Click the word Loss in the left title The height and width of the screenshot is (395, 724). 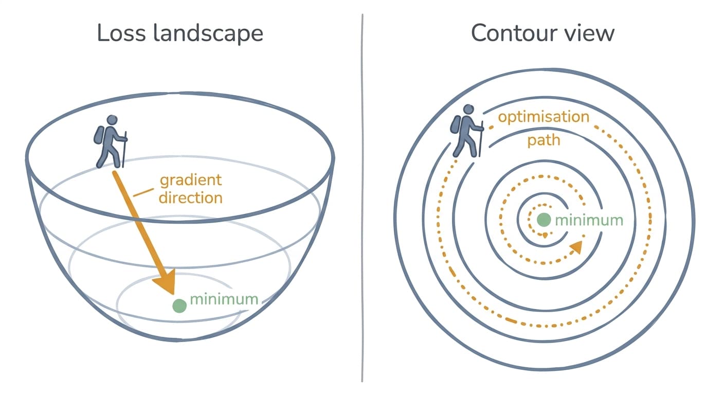(121, 33)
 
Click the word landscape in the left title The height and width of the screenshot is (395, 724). (208, 33)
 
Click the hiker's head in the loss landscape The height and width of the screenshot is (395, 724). (112, 120)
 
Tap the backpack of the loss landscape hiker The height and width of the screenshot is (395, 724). (99, 135)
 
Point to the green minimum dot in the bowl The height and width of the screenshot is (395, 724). (179, 306)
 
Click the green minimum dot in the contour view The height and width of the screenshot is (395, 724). (544, 220)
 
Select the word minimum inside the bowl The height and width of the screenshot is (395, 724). (224, 299)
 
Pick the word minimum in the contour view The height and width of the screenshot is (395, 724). (589, 221)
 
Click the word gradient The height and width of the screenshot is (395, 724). (191, 181)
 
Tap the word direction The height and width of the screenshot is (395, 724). (191, 198)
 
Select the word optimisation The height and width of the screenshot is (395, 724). (544, 117)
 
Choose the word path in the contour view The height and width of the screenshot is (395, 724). (544, 141)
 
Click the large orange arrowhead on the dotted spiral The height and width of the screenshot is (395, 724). (576, 247)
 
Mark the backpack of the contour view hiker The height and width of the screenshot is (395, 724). (456, 124)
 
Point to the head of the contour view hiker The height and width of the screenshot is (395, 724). (468, 110)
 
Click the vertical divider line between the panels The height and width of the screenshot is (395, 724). (363, 198)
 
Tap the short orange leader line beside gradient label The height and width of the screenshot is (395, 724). (143, 193)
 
